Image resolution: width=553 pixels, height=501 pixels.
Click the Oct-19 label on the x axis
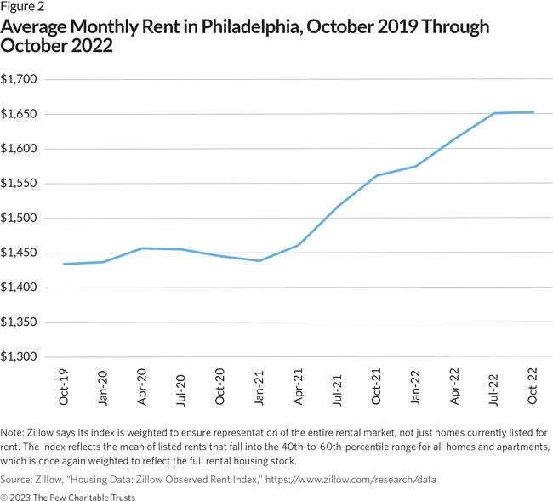pyautogui.click(x=65, y=384)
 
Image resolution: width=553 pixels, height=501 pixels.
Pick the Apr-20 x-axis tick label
pyautogui.click(x=142, y=384)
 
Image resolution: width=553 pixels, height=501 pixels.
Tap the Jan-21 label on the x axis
pyautogui.click(x=259, y=384)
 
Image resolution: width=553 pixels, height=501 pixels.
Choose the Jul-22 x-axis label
pyautogui.click(x=493, y=384)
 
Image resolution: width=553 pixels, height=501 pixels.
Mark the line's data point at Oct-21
pyautogui.click(x=376, y=175)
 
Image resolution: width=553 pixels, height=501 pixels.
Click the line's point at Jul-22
pyautogui.click(x=493, y=113)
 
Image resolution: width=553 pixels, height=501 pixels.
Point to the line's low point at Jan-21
pyautogui.click(x=259, y=260)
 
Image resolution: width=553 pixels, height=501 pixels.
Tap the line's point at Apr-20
pyautogui.click(x=142, y=248)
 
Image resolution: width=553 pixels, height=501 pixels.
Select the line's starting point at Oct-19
pyautogui.click(x=65, y=264)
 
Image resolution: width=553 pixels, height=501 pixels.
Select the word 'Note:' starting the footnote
pyautogui.click(x=15, y=432)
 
